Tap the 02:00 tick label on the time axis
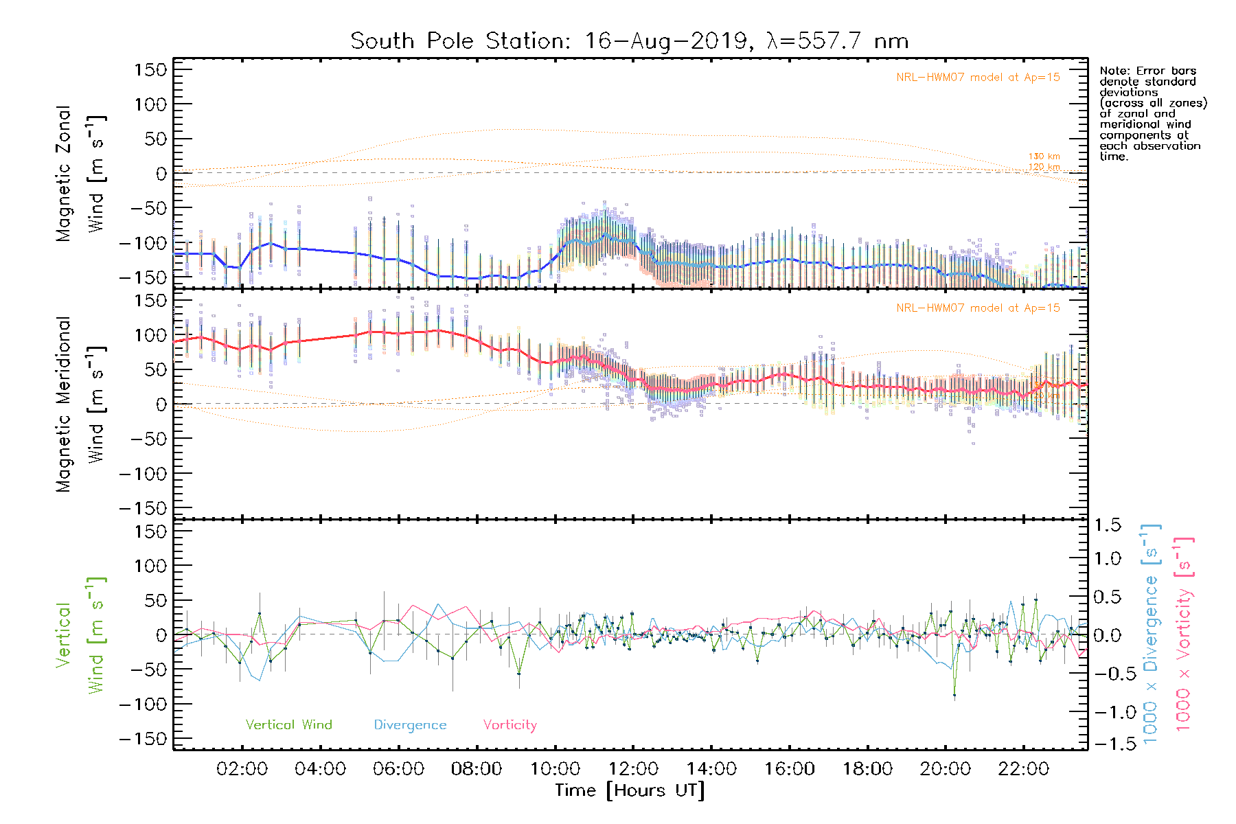click(242, 769)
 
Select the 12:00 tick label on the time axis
click(633, 769)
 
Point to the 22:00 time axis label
click(1023, 769)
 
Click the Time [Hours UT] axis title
click(630, 791)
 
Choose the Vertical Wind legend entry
click(288, 725)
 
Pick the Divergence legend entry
click(410, 725)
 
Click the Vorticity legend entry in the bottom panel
click(510, 725)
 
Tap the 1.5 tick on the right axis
click(1107, 525)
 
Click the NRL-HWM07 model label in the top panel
click(978, 78)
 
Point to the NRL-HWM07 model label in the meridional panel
click(978, 308)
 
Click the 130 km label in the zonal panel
click(1044, 157)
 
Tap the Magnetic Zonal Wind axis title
click(81, 174)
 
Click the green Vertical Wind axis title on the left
click(81, 635)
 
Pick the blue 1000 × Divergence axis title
click(1151, 635)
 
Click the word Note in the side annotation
click(1113, 71)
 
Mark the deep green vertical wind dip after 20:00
click(954, 695)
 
